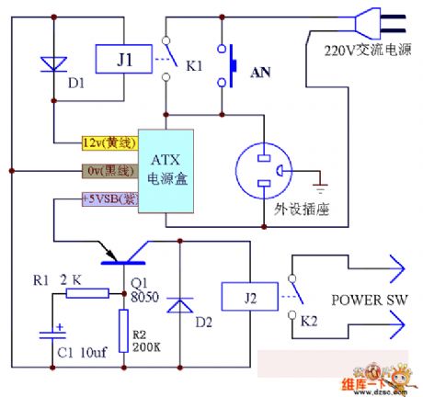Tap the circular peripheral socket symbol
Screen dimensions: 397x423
point(264,171)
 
